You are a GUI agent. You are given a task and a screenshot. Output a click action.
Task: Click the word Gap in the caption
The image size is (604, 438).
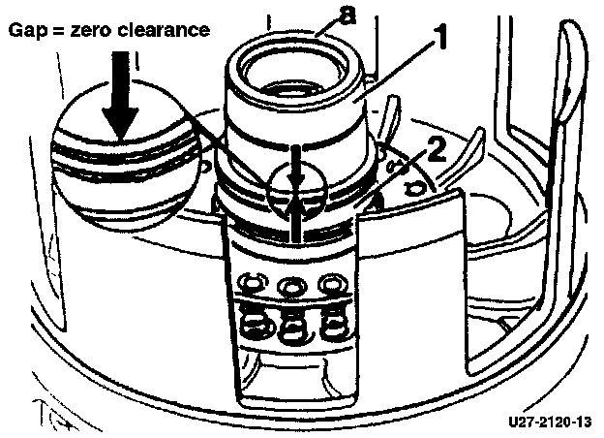[x=26, y=30]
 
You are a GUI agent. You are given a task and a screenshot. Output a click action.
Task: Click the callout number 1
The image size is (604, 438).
[x=441, y=41]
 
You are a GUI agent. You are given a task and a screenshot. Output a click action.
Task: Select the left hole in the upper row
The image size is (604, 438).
[x=251, y=284]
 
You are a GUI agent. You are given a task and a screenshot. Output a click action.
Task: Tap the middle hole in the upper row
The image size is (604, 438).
[x=289, y=286]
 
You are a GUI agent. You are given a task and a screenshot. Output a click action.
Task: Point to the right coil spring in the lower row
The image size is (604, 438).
[x=334, y=320]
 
